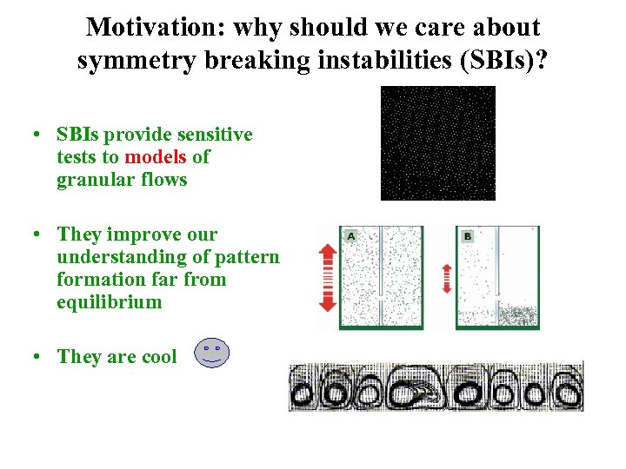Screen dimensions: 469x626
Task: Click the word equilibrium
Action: click(110, 302)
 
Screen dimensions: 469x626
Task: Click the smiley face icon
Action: click(212, 353)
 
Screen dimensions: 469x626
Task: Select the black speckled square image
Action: click(437, 143)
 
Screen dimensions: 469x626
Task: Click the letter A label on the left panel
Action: click(350, 235)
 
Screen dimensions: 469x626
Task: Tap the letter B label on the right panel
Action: click(468, 235)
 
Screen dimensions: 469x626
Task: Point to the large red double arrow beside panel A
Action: click(328, 277)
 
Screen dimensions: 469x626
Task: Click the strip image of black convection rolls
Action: click(436, 386)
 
